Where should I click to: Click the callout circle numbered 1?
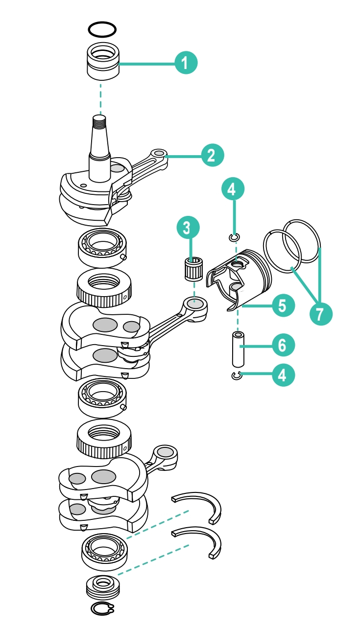click(x=186, y=63)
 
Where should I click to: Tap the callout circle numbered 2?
click(x=213, y=156)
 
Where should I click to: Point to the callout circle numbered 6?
click(x=283, y=345)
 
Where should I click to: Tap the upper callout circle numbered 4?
click(x=233, y=189)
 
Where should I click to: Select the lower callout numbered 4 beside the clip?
click(x=283, y=375)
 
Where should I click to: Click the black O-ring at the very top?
click(x=102, y=29)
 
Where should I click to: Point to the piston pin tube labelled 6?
click(x=238, y=349)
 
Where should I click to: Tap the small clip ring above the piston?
click(x=235, y=238)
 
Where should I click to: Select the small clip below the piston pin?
click(x=237, y=375)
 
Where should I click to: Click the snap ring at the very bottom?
click(x=102, y=608)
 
